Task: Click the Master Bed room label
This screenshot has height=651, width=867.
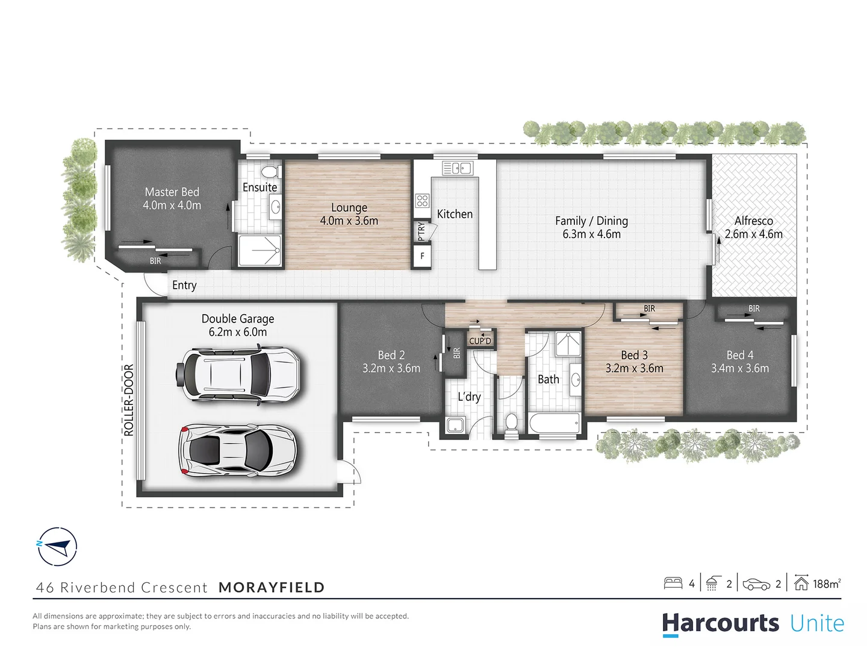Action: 172,192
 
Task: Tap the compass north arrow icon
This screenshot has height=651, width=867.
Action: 57,547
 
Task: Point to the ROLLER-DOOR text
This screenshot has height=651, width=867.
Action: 129,400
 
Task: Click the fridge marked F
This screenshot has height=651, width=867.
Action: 422,256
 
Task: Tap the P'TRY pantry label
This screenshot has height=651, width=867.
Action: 421,231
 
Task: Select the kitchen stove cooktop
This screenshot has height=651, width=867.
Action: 422,200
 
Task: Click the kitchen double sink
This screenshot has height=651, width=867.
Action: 458,168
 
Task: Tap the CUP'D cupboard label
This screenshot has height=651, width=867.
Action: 480,341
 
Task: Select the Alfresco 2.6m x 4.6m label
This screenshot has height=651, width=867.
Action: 753,227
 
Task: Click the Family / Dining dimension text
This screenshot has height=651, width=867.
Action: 591,234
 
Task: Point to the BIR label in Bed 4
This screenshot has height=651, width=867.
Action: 754,309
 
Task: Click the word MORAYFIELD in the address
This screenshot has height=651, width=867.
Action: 272,587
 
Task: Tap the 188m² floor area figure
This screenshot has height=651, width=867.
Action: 826,583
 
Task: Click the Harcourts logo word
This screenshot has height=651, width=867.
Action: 721,623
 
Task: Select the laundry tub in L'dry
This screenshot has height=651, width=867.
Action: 455,424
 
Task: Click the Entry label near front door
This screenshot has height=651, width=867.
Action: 184,285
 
